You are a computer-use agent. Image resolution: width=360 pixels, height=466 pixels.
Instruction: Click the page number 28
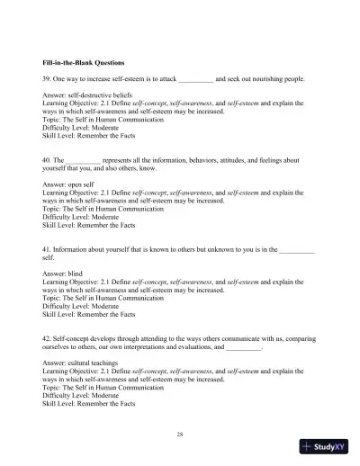(x=180, y=434)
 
